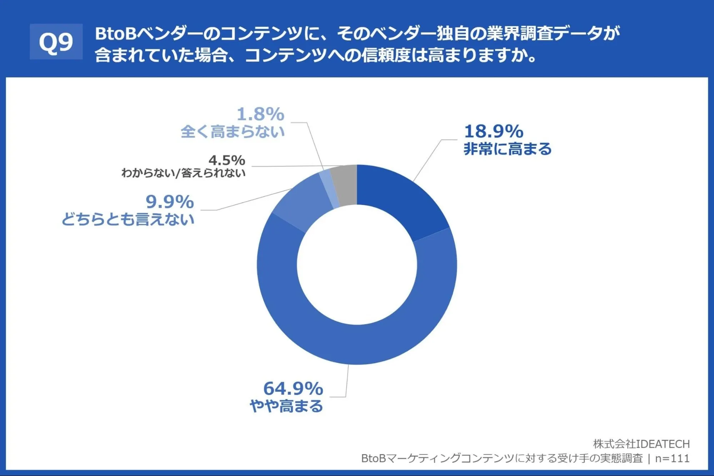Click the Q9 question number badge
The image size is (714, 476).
pos(56,41)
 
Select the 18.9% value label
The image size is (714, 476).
pos(494,131)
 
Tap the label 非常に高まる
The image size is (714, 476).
pos(508,149)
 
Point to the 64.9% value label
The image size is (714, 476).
pos(293,388)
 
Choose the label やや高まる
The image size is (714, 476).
pos(286,406)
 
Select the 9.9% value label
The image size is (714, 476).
pos(170,202)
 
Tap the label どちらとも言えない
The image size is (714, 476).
pos(128,219)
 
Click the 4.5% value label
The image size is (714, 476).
pos(227,160)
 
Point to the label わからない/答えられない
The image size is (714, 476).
pos(183,173)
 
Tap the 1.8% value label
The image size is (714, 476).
pos(260,114)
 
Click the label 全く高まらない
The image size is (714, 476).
pos(233,131)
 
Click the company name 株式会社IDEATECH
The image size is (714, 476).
pos(641,444)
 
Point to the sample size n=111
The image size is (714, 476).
pos(672,459)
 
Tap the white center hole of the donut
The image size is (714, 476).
pos(357,265)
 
